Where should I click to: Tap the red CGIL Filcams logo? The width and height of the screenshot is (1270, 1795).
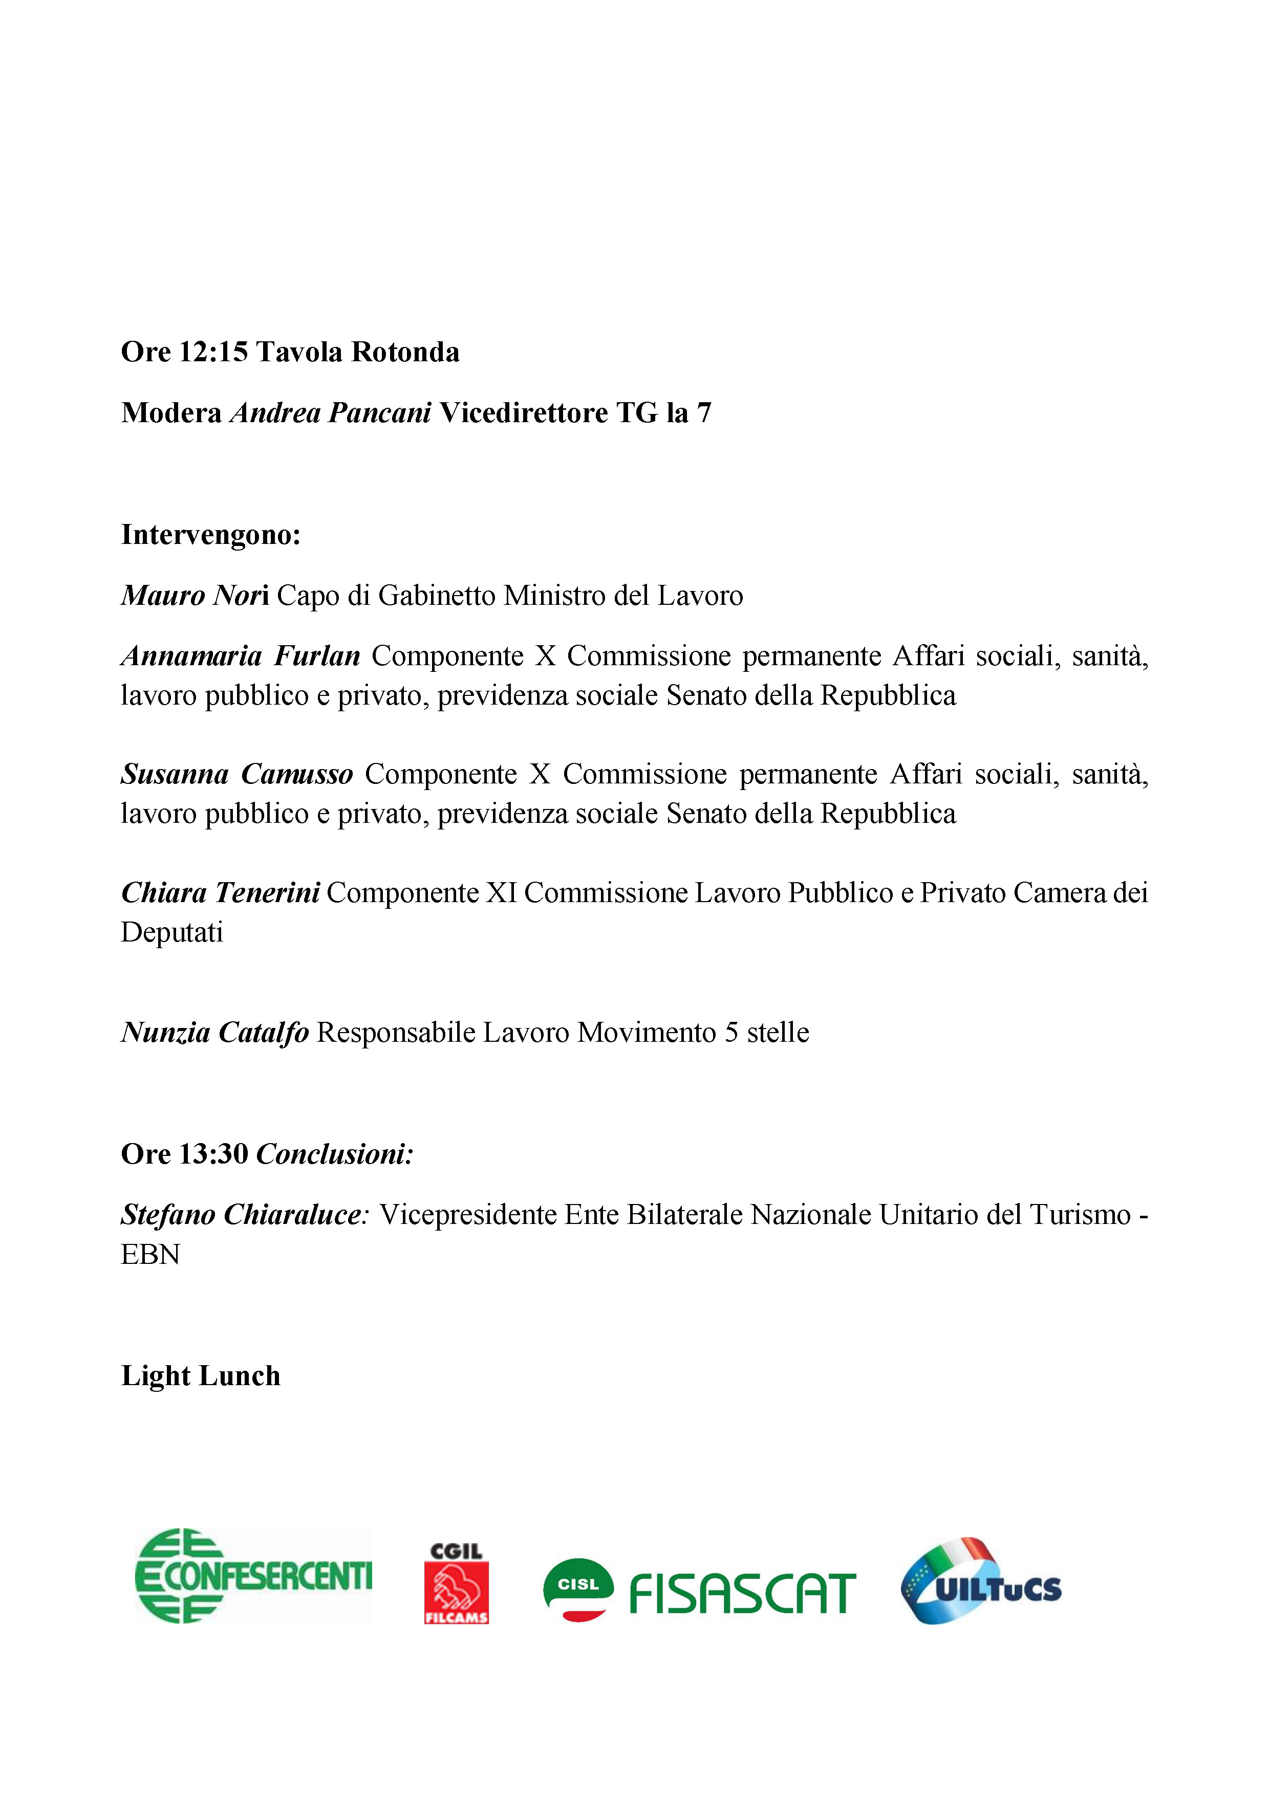456,1583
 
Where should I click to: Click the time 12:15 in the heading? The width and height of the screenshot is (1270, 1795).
213,352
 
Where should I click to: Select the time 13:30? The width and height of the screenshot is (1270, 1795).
213,1153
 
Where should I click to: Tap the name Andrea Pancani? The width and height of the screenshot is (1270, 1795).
330,413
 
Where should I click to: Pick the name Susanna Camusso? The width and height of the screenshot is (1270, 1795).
237,774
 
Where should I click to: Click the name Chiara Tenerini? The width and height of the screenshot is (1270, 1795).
221,892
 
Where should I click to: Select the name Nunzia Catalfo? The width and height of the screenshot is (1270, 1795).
215,1032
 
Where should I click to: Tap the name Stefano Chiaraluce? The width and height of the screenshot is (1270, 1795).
243,1214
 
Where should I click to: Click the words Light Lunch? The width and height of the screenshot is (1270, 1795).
201,1376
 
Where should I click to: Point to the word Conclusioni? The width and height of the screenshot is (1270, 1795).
335,1153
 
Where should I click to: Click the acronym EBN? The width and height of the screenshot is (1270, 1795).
150,1254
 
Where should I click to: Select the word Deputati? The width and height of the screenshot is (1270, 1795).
172,932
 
